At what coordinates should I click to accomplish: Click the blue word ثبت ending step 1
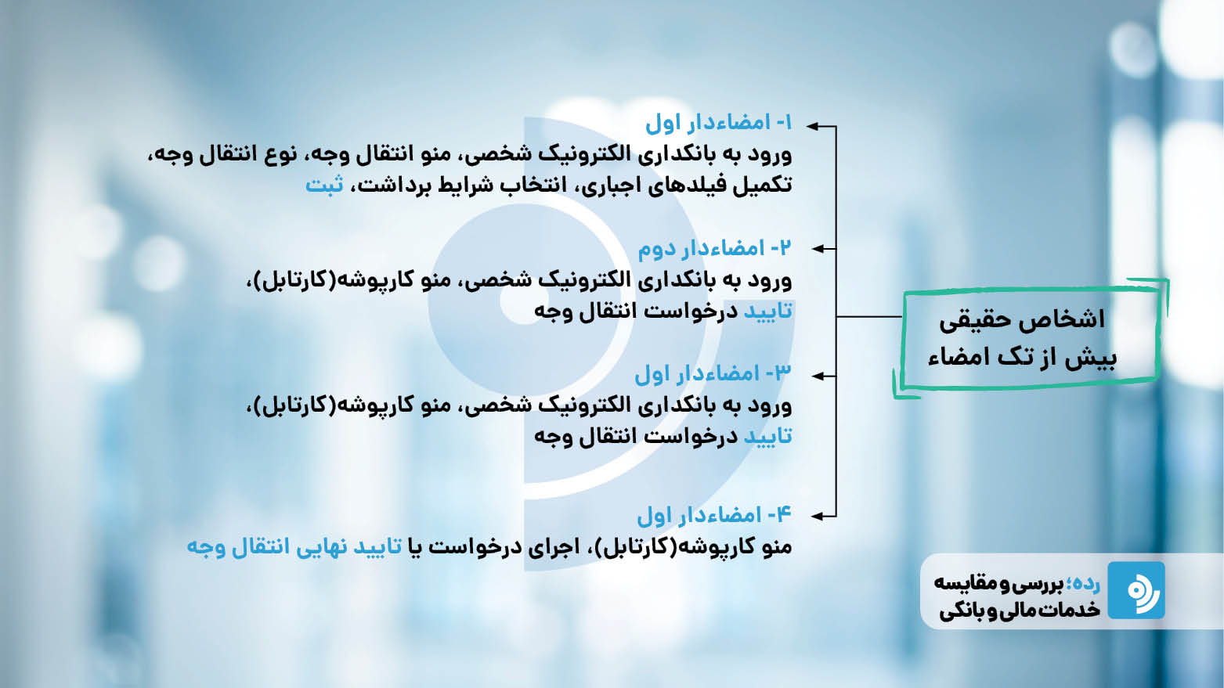pos(324,185)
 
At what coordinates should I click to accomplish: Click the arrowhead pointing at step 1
pos(813,127)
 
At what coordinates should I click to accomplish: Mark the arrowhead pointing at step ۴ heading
pos(816,516)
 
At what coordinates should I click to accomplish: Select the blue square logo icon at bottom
pos(1136,590)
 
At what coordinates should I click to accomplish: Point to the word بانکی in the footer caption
pos(960,611)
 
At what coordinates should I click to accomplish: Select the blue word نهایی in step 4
pos(323,547)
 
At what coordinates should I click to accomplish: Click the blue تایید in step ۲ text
pos(768,311)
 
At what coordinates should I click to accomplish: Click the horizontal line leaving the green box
pos(868,316)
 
